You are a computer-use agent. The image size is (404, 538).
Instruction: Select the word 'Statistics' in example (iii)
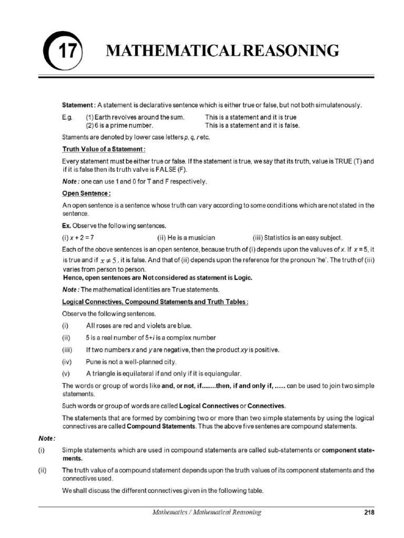click(x=279, y=237)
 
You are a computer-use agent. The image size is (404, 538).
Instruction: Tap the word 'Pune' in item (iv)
click(x=94, y=362)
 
